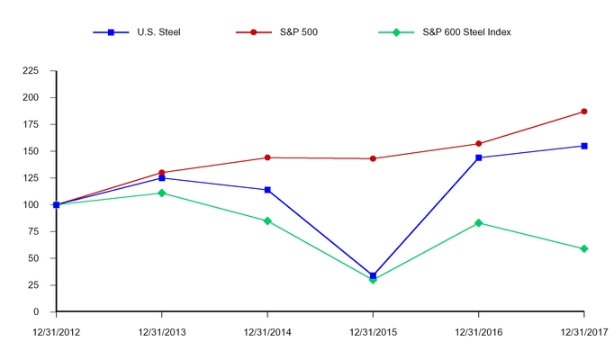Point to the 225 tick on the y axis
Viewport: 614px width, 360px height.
(39, 70)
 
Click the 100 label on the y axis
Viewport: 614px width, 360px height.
(39, 204)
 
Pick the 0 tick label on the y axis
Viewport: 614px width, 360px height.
(46, 311)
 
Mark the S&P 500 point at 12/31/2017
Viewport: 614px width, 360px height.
(584, 112)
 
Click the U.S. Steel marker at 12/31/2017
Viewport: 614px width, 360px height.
(584, 146)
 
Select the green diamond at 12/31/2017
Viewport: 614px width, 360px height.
(584, 248)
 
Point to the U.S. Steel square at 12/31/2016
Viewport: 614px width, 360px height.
(478, 157)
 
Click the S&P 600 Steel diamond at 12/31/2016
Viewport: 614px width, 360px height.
(478, 223)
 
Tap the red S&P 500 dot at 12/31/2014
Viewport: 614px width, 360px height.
(267, 157)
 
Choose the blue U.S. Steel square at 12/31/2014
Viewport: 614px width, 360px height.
(267, 190)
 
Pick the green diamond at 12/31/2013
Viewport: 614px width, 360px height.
(161, 193)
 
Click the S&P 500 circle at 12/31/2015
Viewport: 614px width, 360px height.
(373, 158)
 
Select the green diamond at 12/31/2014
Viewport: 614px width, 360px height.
(267, 220)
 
